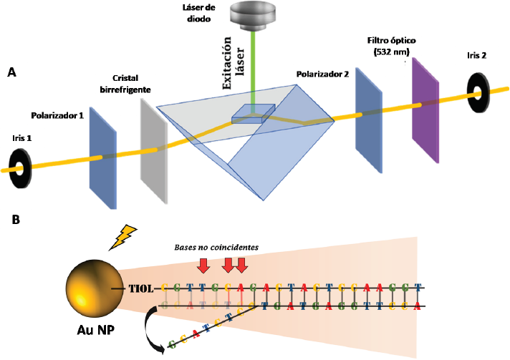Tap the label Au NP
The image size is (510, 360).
pyautogui.click(x=91, y=332)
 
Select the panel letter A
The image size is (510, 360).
pyautogui.click(x=11, y=72)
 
